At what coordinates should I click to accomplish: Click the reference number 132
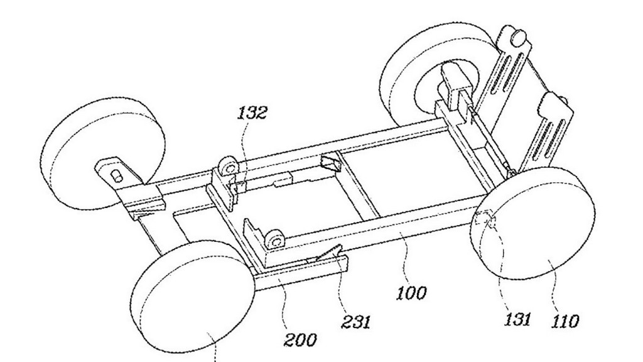pyautogui.click(x=252, y=112)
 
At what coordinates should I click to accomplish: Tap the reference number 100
pyautogui.click(x=411, y=293)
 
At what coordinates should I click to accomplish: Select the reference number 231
pyautogui.click(x=355, y=321)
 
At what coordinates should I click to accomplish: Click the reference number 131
pyautogui.click(x=517, y=319)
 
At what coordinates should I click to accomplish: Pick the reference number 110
pyautogui.click(x=565, y=321)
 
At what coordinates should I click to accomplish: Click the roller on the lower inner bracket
pyautogui.click(x=274, y=240)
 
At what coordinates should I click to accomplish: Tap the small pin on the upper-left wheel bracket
pyautogui.click(x=117, y=176)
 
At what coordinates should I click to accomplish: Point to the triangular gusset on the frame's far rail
pyautogui.click(x=332, y=163)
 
